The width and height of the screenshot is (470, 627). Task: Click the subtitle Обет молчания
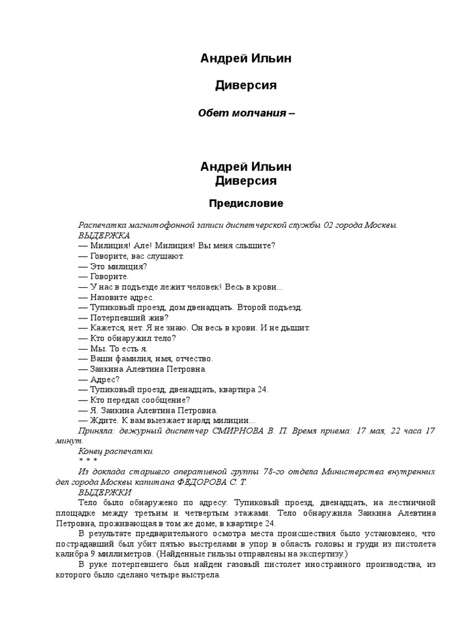242,113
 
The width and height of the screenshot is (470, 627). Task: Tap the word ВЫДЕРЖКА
104,235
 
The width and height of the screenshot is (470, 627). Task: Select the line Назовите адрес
117,297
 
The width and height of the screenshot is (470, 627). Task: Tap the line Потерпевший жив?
124,318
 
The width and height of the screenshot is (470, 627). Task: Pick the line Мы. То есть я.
113,348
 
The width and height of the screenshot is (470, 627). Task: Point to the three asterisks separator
89,461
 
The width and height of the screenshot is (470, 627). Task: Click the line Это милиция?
113,266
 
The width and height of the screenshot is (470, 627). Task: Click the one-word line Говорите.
104,276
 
